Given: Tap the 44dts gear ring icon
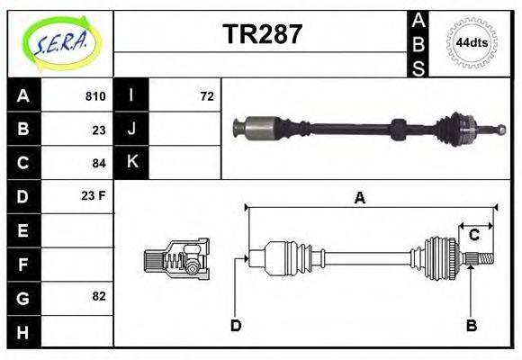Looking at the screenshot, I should pyautogui.click(x=472, y=42).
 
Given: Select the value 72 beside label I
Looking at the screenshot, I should pyautogui.click(x=206, y=96).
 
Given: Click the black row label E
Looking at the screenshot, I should pyautogui.click(x=23, y=230).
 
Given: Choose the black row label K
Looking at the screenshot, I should pyautogui.click(x=132, y=162).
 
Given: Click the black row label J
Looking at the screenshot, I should pyautogui.click(x=132, y=130).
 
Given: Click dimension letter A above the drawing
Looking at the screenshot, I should pyautogui.click(x=359, y=199).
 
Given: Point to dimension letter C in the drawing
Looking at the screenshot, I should pyautogui.click(x=473, y=236).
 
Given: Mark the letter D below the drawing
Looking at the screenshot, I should pyautogui.click(x=236, y=325).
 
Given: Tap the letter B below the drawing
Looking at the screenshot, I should pyautogui.click(x=471, y=325).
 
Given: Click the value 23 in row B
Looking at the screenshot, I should pyautogui.click(x=99, y=130).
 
